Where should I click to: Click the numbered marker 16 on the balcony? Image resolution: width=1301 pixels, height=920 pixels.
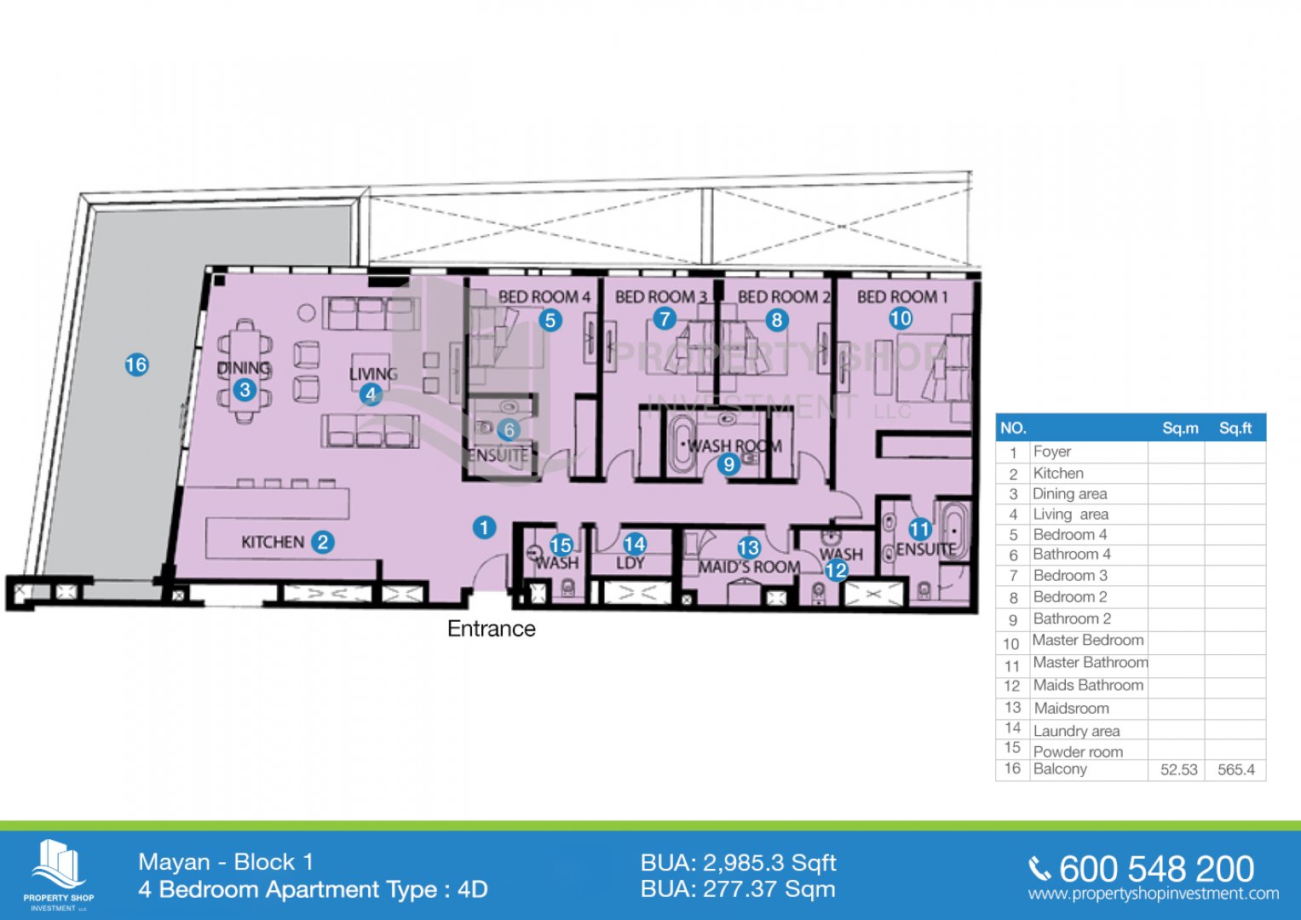pyautogui.click(x=136, y=365)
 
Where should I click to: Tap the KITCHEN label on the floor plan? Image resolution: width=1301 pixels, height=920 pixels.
pyautogui.click(x=273, y=543)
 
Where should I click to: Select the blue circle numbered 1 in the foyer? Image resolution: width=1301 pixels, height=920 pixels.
pyautogui.click(x=484, y=528)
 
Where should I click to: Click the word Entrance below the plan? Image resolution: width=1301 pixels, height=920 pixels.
pyautogui.click(x=492, y=629)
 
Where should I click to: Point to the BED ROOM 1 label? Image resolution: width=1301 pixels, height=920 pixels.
pyautogui.click(x=902, y=297)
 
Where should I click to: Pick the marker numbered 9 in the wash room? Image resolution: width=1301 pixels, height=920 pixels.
pyautogui.click(x=728, y=464)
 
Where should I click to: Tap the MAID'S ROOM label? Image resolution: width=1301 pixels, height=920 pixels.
pyautogui.click(x=749, y=566)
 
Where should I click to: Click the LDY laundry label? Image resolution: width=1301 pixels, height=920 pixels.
pyautogui.click(x=630, y=563)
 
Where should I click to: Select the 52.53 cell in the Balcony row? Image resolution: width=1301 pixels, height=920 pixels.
pyautogui.click(x=1178, y=769)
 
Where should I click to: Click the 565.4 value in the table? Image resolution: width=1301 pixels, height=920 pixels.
pyautogui.click(x=1236, y=769)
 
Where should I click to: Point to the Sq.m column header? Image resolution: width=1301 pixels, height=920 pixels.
pyautogui.click(x=1180, y=428)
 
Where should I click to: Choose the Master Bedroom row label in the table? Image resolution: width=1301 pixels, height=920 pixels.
pyautogui.click(x=1088, y=640)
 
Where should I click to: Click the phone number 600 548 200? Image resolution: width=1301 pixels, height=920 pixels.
pyautogui.click(x=1156, y=869)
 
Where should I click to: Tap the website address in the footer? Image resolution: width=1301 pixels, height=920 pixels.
pyautogui.click(x=1154, y=894)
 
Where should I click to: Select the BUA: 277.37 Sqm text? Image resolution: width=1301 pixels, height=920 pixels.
pyautogui.click(x=738, y=889)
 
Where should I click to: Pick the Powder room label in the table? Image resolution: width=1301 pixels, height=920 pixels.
pyautogui.click(x=1078, y=751)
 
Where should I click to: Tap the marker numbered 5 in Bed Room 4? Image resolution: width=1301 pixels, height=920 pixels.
pyautogui.click(x=550, y=320)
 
